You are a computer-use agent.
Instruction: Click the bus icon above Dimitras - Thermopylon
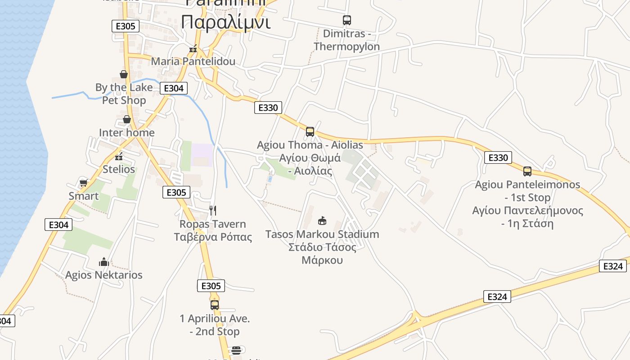click(x=346, y=20)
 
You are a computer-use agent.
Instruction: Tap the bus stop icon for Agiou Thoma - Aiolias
click(x=310, y=131)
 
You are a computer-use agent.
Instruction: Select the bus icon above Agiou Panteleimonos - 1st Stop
click(x=527, y=171)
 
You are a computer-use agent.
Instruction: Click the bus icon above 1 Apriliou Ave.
click(x=215, y=305)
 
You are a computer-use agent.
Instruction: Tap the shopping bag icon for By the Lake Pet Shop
click(x=124, y=74)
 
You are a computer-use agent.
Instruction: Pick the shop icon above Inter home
click(x=127, y=119)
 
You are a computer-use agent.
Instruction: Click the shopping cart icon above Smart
click(x=83, y=183)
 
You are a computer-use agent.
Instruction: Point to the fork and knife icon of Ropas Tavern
click(x=213, y=210)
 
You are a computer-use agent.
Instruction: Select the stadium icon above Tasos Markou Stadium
click(x=322, y=220)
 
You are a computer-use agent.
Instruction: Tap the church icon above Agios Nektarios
click(x=104, y=261)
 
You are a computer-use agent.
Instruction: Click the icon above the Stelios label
click(x=119, y=157)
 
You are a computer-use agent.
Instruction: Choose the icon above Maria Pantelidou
click(x=193, y=49)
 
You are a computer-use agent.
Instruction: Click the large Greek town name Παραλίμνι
click(x=226, y=21)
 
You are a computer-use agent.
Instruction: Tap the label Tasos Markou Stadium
click(x=322, y=234)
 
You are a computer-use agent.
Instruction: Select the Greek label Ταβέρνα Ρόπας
click(x=213, y=237)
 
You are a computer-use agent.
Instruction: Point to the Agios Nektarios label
click(x=104, y=275)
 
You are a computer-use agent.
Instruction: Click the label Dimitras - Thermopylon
click(x=346, y=40)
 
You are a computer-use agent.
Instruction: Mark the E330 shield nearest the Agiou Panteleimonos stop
click(x=498, y=157)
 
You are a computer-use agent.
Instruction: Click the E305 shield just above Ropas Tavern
click(x=176, y=193)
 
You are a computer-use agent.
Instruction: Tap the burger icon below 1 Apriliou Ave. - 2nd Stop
click(x=236, y=350)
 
